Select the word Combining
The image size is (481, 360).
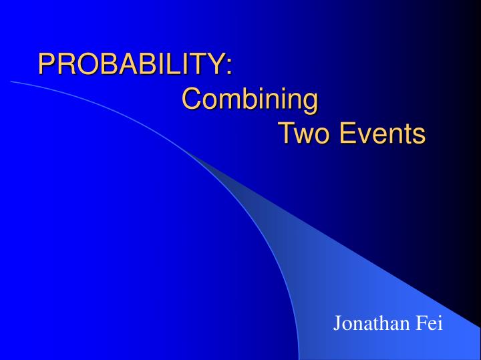pos(250,100)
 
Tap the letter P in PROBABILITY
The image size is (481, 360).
pos(46,64)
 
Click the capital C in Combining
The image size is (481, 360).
pos(192,100)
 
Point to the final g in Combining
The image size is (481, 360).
pos(309,102)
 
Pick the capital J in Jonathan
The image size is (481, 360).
pos(338,325)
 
